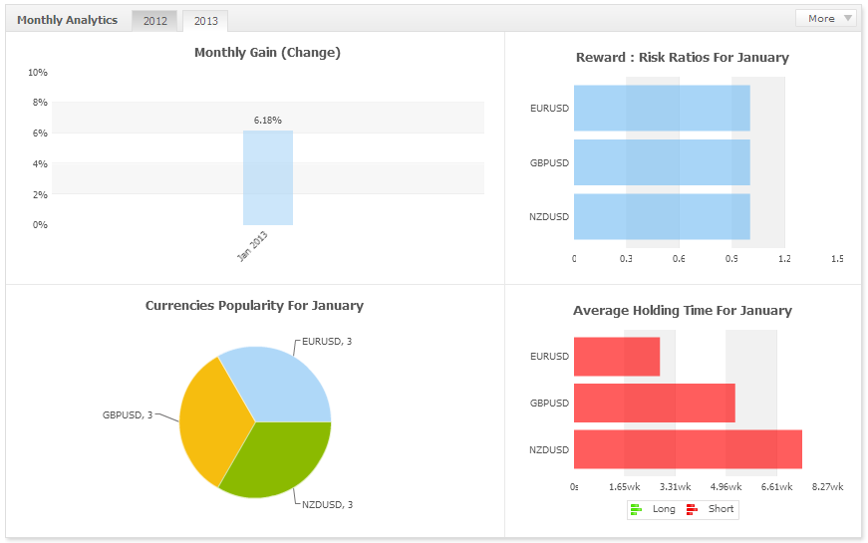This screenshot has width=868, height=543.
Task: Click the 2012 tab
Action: [x=154, y=21]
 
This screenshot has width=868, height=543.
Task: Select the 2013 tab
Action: [x=205, y=21]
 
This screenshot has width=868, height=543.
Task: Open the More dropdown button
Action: [x=825, y=18]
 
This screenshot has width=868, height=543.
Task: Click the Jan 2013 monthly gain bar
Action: [x=267, y=177]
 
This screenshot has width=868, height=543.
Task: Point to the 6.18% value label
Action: [x=267, y=120]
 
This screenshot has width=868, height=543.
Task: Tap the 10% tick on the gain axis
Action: [x=38, y=73]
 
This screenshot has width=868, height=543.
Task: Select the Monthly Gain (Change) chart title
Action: [x=267, y=52]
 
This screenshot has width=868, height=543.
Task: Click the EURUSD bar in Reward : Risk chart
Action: [x=662, y=108]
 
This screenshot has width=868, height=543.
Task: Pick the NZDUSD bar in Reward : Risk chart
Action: [x=662, y=216]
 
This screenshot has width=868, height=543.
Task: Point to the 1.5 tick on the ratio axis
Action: [x=837, y=259]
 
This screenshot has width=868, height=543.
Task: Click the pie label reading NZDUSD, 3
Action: [x=327, y=504]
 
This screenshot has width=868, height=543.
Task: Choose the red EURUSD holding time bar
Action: [x=617, y=357]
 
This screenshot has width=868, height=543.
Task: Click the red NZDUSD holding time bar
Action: [x=688, y=449]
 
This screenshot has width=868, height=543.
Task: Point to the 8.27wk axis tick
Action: [x=828, y=487]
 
